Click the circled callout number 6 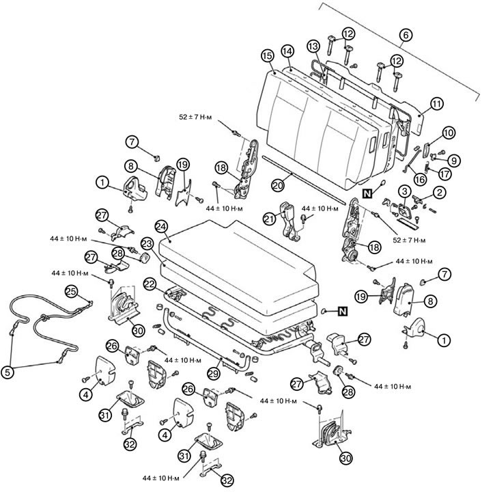pyautogui.click(x=406, y=35)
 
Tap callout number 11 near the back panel pyautogui.click(x=436, y=104)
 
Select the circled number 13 pyautogui.click(x=313, y=46)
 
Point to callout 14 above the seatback pyautogui.click(x=287, y=51)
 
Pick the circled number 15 pyautogui.click(x=268, y=56)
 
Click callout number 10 pyautogui.click(x=449, y=133)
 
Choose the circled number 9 pyautogui.click(x=453, y=161)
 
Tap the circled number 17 pyautogui.click(x=444, y=174)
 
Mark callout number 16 pyautogui.click(x=420, y=179)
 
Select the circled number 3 pyautogui.click(x=404, y=191)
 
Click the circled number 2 pyautogui.click(x=440, y=192)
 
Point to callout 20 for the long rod pyautogui.click(x=278, y=185)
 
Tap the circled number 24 pyautogui.click(x=161, y=227)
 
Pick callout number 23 pyautogui.click(x=147, y=244)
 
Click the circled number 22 pyautogui.click(x=150, y=284)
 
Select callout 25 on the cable pyautogui.click(x=71, y=291)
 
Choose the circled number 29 pyautogui.click(x=214, y=374)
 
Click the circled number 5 pyautogui.click(x=8, y=372)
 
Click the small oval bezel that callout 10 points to pyautogui.click(x=427, y=150)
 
